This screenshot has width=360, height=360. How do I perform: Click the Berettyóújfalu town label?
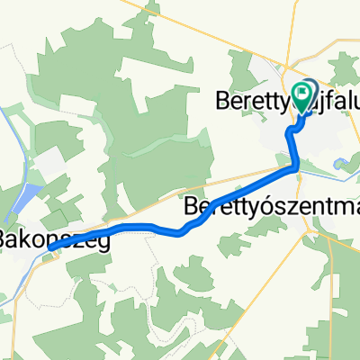(x=283, y=100)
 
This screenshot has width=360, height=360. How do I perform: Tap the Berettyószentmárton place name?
(x=270, y=206)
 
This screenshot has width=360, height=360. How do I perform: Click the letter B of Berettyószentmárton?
(x=190, y=206)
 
